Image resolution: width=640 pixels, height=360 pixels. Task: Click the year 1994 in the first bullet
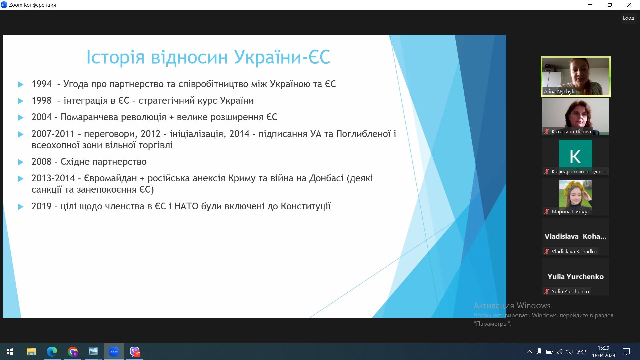tap(42, 84)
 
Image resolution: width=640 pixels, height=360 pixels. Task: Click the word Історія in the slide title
tap(115, 57)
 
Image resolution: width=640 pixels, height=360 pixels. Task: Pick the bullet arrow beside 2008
tap(21, 162)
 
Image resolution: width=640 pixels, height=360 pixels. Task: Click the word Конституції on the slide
tap(306, 207)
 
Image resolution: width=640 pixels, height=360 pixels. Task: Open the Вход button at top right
tap(628, 18)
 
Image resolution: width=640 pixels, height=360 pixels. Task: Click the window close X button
tap(629, 5)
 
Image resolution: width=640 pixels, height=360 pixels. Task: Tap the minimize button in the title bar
tap(591, 5)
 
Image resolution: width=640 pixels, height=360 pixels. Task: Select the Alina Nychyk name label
tap(559, 92)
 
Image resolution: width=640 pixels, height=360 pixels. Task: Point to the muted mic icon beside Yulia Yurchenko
tap(547, 291)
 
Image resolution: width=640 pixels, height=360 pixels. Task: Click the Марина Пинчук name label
tap(571, 212)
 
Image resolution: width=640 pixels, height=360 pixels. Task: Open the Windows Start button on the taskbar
tap(10, 352)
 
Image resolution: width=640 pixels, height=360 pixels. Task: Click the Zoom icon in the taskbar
tap(114, 352)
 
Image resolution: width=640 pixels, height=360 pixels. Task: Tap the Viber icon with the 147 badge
tap(135, 352)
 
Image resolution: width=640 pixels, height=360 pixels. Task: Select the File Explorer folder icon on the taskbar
tap(31, 352)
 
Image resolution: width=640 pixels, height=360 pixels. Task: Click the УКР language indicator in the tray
tap(582, 352)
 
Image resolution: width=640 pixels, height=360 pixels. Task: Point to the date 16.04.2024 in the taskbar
tap(604, 356)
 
